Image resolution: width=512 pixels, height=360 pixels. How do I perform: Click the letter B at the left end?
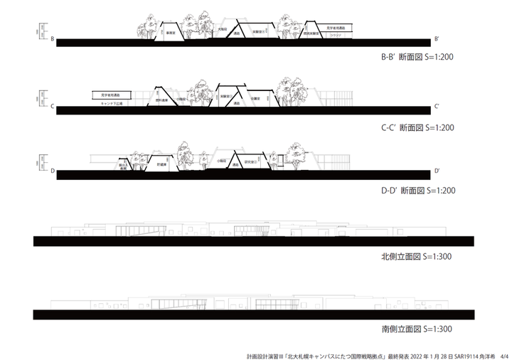(x=53, y=40)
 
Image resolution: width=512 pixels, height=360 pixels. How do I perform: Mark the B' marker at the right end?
(x=437, y=40)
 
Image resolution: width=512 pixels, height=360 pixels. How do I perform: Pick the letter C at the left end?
(x=53, y=105)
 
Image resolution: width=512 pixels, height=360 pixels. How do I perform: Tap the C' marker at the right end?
(x=437, y=105)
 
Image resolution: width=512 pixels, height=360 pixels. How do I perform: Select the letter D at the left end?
(x=53, y=171)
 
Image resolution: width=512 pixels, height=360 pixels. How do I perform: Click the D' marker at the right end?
(x=437, y=171)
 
